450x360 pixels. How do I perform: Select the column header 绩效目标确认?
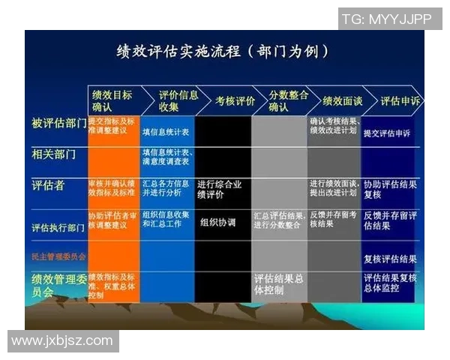pos(112,100)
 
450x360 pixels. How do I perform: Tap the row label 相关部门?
pos(54,154)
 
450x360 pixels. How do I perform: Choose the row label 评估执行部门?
pos(58,227)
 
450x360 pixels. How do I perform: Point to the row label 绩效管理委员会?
pos(58,285)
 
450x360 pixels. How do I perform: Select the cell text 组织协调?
pos(218,223)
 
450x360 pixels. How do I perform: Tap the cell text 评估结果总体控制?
pos(278,283)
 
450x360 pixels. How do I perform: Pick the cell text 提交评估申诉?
pos(386,133)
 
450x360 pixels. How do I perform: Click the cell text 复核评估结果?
pos(389,259)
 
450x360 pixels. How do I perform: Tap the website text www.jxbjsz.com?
pos(62,340)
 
